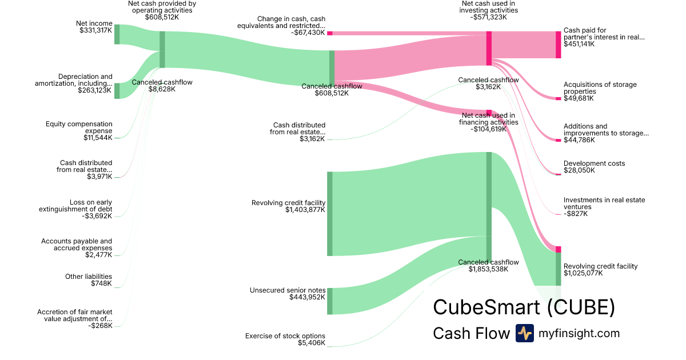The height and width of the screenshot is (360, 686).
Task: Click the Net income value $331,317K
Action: coord(96,30)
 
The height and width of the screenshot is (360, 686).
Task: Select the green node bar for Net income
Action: coord(117,34)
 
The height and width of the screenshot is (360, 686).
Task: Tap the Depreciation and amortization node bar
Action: coord(117,91)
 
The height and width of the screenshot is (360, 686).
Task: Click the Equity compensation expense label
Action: coord(79,127)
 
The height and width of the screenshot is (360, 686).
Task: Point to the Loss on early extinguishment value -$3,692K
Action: coord(97,216)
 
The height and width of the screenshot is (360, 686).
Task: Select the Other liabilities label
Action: coord(89,277)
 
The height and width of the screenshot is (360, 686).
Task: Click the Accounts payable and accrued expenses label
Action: coord(77,245)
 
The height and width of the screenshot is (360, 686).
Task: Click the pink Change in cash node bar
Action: coord(330,33)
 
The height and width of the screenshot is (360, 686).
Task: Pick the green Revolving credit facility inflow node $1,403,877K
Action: coord(329,214)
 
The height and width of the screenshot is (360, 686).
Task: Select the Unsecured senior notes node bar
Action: coord(330,301)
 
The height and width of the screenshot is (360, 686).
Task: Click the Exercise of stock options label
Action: coord(285,336)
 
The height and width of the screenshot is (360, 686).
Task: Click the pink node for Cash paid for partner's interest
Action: coord(559,45)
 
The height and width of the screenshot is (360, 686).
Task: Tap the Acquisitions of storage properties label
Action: coord(600,88)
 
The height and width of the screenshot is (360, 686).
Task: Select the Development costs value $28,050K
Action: coord(579,170)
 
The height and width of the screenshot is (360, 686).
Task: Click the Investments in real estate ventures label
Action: coord(604,203)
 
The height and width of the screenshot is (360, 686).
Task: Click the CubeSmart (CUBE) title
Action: coord(524,307)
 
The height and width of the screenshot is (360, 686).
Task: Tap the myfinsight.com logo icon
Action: coord(524,333)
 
